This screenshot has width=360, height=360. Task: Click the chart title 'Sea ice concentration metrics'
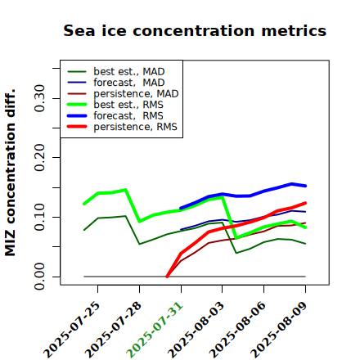(x=195, y=30)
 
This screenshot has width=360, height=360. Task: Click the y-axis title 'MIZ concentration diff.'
(x=10, y=173)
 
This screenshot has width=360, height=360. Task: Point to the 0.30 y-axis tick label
(x=39, y=98)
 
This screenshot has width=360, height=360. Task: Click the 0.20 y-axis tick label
(x=39, y=158)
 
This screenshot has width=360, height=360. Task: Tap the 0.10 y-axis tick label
(x=39, y=217)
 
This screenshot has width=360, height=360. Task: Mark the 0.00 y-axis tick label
(x=39, y=277)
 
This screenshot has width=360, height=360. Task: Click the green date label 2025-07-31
(x=155, y=330)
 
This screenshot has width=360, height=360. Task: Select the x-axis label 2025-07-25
(x=71, y=330)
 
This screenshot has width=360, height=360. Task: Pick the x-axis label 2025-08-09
(x=279, y=330)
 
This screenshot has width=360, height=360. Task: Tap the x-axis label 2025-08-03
(x=196, y=330)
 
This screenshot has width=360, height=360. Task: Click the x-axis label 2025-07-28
(x=113, y=330)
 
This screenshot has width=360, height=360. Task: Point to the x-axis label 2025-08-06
(x=237, y=330)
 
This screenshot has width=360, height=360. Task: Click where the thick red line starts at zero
(x=167, y=277)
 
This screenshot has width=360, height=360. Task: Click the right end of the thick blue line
(x=305, y=186)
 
